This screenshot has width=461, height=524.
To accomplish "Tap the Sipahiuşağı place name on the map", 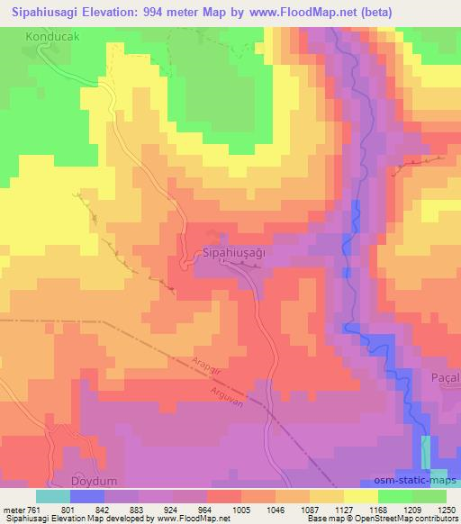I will pos(235,254).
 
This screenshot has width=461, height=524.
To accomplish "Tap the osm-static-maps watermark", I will pos(422,482).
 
